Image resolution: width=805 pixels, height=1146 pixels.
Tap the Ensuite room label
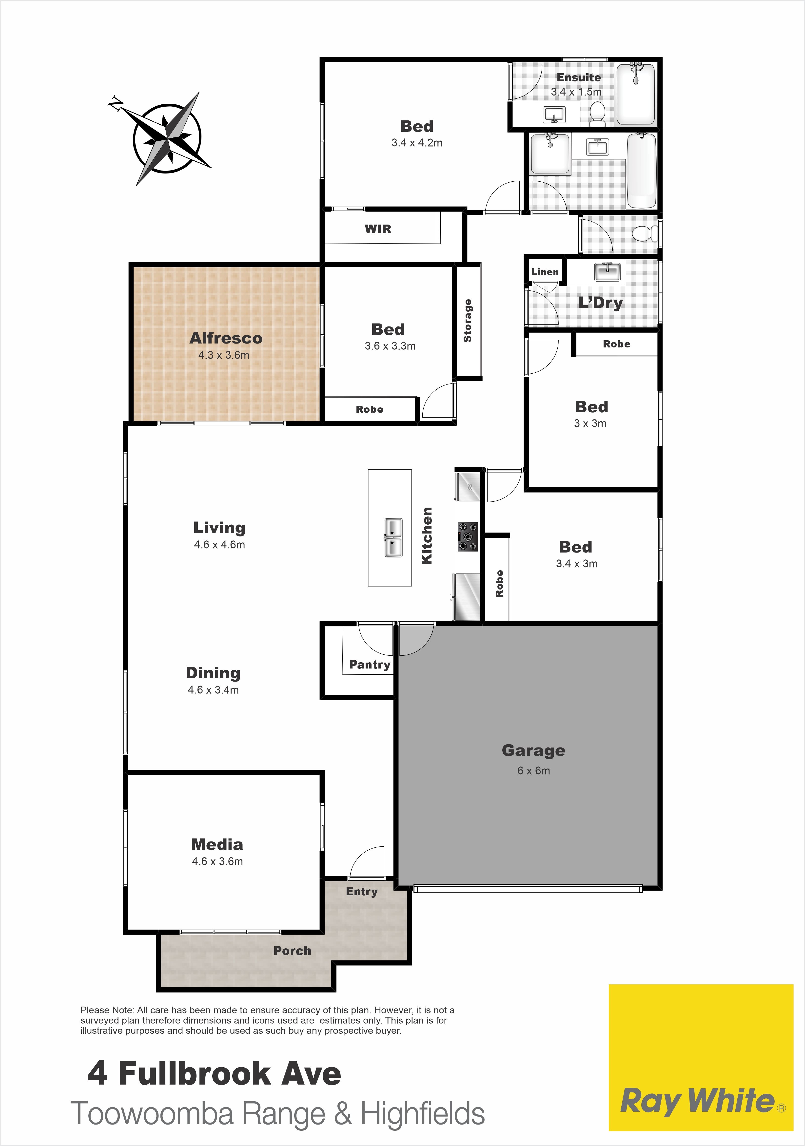(x=579, y=77)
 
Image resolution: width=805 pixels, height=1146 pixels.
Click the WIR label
(x=378, y=229)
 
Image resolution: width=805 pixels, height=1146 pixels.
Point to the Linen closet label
(x=545, y=272)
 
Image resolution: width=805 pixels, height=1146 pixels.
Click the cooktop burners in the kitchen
(x=467, y=536)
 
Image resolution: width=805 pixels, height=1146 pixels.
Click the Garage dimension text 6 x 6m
(x=533, y=771)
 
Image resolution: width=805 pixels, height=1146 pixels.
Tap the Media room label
(x=217, y=844)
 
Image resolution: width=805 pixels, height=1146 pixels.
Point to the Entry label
(x=362, y=891)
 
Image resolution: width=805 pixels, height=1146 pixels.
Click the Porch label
(x=292, y=951)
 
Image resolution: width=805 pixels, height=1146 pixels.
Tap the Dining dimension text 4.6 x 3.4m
(x=213, y=690)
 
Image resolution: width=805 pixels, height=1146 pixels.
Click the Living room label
(x=219, y=528)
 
